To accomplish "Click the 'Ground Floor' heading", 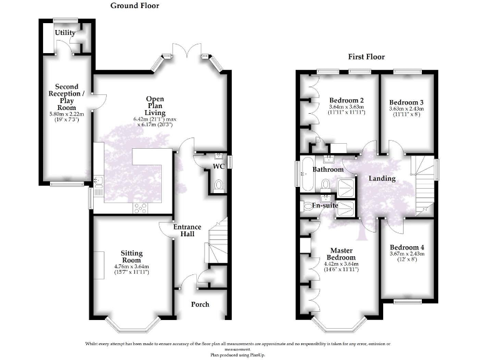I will coord(134,6).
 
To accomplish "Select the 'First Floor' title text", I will coord(366,57).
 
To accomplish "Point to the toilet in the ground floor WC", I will coord(217,185).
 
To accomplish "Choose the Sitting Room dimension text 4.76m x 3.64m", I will coord(132,267).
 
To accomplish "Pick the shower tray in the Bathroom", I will coord(344,186).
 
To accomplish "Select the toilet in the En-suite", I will coord(306,205).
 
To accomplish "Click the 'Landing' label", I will coord(381,178).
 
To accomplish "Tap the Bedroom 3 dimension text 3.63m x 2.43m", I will coord(406,109).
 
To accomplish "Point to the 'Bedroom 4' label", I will coord(406,247).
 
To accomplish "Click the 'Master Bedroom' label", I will coord(342,253).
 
